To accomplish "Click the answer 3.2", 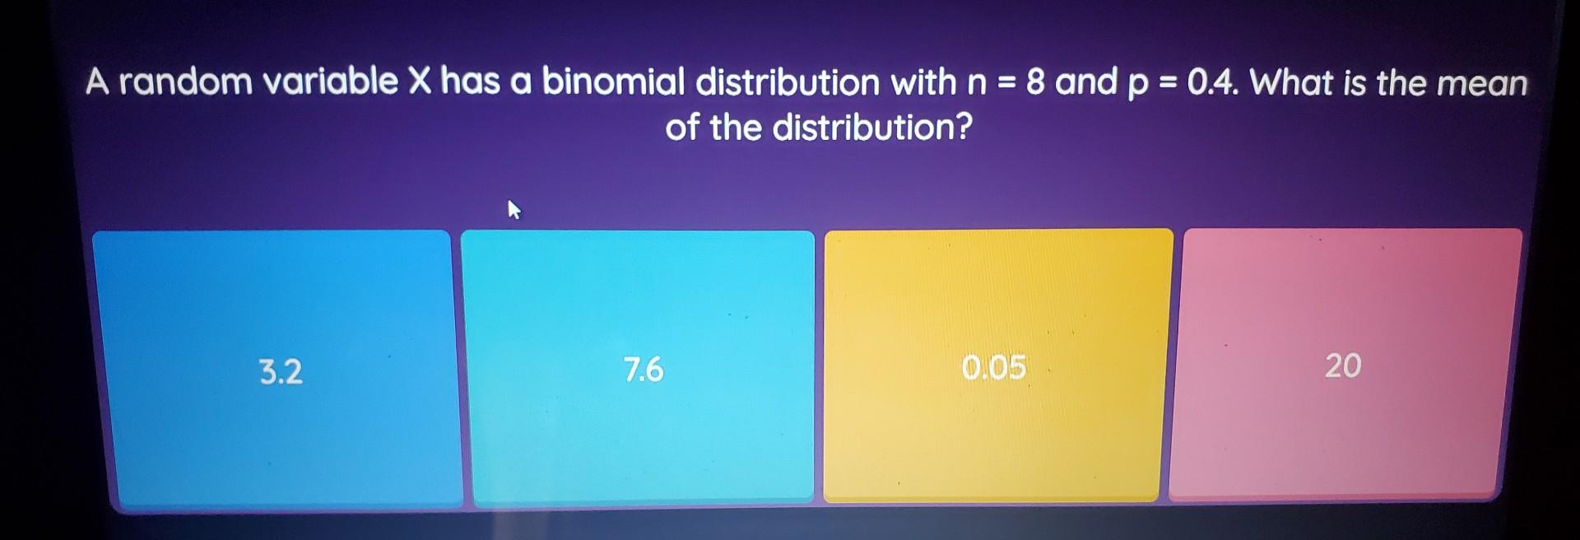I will coord(281,372).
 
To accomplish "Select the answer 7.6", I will coord(644,370).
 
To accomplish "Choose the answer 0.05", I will coord(994,367).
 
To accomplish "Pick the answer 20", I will coord(1343,365).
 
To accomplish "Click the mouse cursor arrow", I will coord(513,210).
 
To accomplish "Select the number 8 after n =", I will coord(1035,82).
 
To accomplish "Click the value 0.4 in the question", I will coord(1212,82).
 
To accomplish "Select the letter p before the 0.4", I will coord(1138,85).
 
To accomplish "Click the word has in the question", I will coord(470,81).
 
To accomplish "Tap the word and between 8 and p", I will coord(1086,82).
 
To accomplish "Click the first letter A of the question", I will coord(98,81).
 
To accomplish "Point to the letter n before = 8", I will coord(977,83).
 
